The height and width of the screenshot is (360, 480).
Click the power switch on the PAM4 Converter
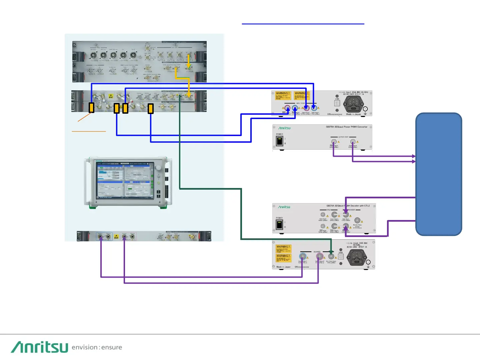[279, 141]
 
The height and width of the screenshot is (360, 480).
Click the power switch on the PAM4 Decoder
[279, 225]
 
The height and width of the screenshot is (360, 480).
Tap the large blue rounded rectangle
[439, 174]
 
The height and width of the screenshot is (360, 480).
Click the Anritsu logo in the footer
[40, 347]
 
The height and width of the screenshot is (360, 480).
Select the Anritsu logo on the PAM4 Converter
[284, 128]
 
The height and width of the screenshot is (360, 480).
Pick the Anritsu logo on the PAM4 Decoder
[284, 207]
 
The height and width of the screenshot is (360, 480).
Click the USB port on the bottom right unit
[341, 257]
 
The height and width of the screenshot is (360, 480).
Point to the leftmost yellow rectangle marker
[91, 107]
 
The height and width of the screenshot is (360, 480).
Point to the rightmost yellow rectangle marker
[151, 109]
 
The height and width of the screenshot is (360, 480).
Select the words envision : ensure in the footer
[97, 347]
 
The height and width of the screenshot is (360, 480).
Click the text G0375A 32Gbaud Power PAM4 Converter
[346, 127]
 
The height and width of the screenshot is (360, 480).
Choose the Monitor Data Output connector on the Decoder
[357, 220]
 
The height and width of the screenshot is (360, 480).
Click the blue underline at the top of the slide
[303, 24]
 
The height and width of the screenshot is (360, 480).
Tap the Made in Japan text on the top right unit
[353, 114]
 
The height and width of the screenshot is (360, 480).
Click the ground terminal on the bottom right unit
[368, 263]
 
